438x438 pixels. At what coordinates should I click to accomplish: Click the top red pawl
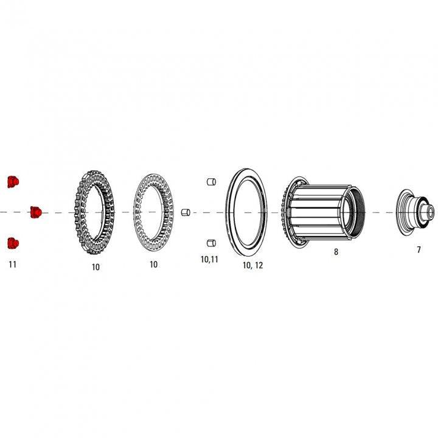[13, 181]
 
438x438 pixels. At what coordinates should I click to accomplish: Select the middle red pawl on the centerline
[35, 212]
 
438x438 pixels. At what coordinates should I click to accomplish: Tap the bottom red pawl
[13, 243]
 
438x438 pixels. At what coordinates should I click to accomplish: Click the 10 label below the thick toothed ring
[96, 266]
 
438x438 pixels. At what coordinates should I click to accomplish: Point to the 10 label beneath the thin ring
[153, 265]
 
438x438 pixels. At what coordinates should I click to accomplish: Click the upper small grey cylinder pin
[212, 181]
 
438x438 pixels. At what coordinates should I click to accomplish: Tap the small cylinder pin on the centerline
[186, 212]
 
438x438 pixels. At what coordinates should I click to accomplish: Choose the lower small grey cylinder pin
[212, 243]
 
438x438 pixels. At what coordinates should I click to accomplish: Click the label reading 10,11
[209, 260]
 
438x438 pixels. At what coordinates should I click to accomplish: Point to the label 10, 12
[252, 266]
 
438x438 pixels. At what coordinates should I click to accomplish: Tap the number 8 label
[336, 251]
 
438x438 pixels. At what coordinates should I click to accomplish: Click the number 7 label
[419, 250]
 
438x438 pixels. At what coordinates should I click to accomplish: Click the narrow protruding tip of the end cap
[431, 212]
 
